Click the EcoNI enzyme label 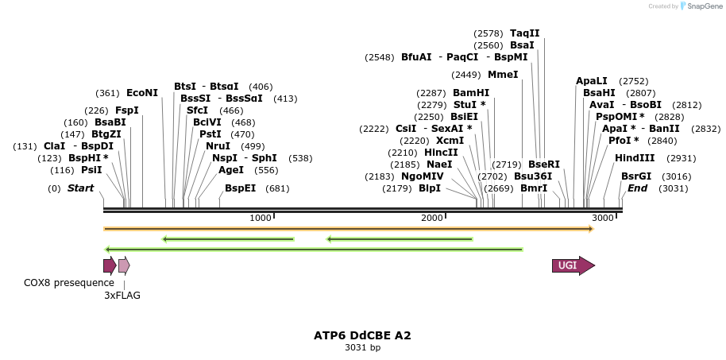(x=142, y=92)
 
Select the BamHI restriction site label (x=471, y=92)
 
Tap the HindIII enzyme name (x=635, y=157)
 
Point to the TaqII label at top (x=524, y=33)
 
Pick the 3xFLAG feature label (x=122, y=295)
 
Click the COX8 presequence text (x=69, y=282)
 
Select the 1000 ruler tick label (x=261, y=218)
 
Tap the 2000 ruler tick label (x=431, y=218)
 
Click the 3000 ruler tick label (x=603, y=218)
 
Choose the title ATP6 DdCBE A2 (x=362, y=335)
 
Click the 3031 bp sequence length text (x=362, y=347)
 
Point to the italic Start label (x=80, y=188)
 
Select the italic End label (x=637, y=188)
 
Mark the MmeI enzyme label (x=503, y=75)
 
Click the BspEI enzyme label (x=241, y=188)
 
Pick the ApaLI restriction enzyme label (x=592, y=81)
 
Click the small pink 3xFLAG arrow (x=123, y=265)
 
